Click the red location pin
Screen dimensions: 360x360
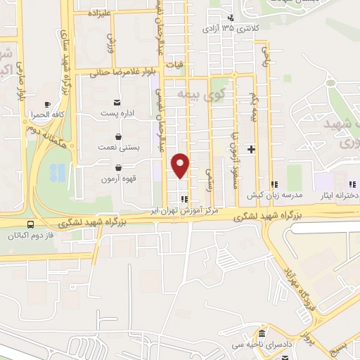181,165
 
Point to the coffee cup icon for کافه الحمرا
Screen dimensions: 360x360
47,103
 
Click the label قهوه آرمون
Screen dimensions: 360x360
116,179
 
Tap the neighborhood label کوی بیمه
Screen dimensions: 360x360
193,94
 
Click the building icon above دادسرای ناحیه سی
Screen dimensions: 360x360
262,333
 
